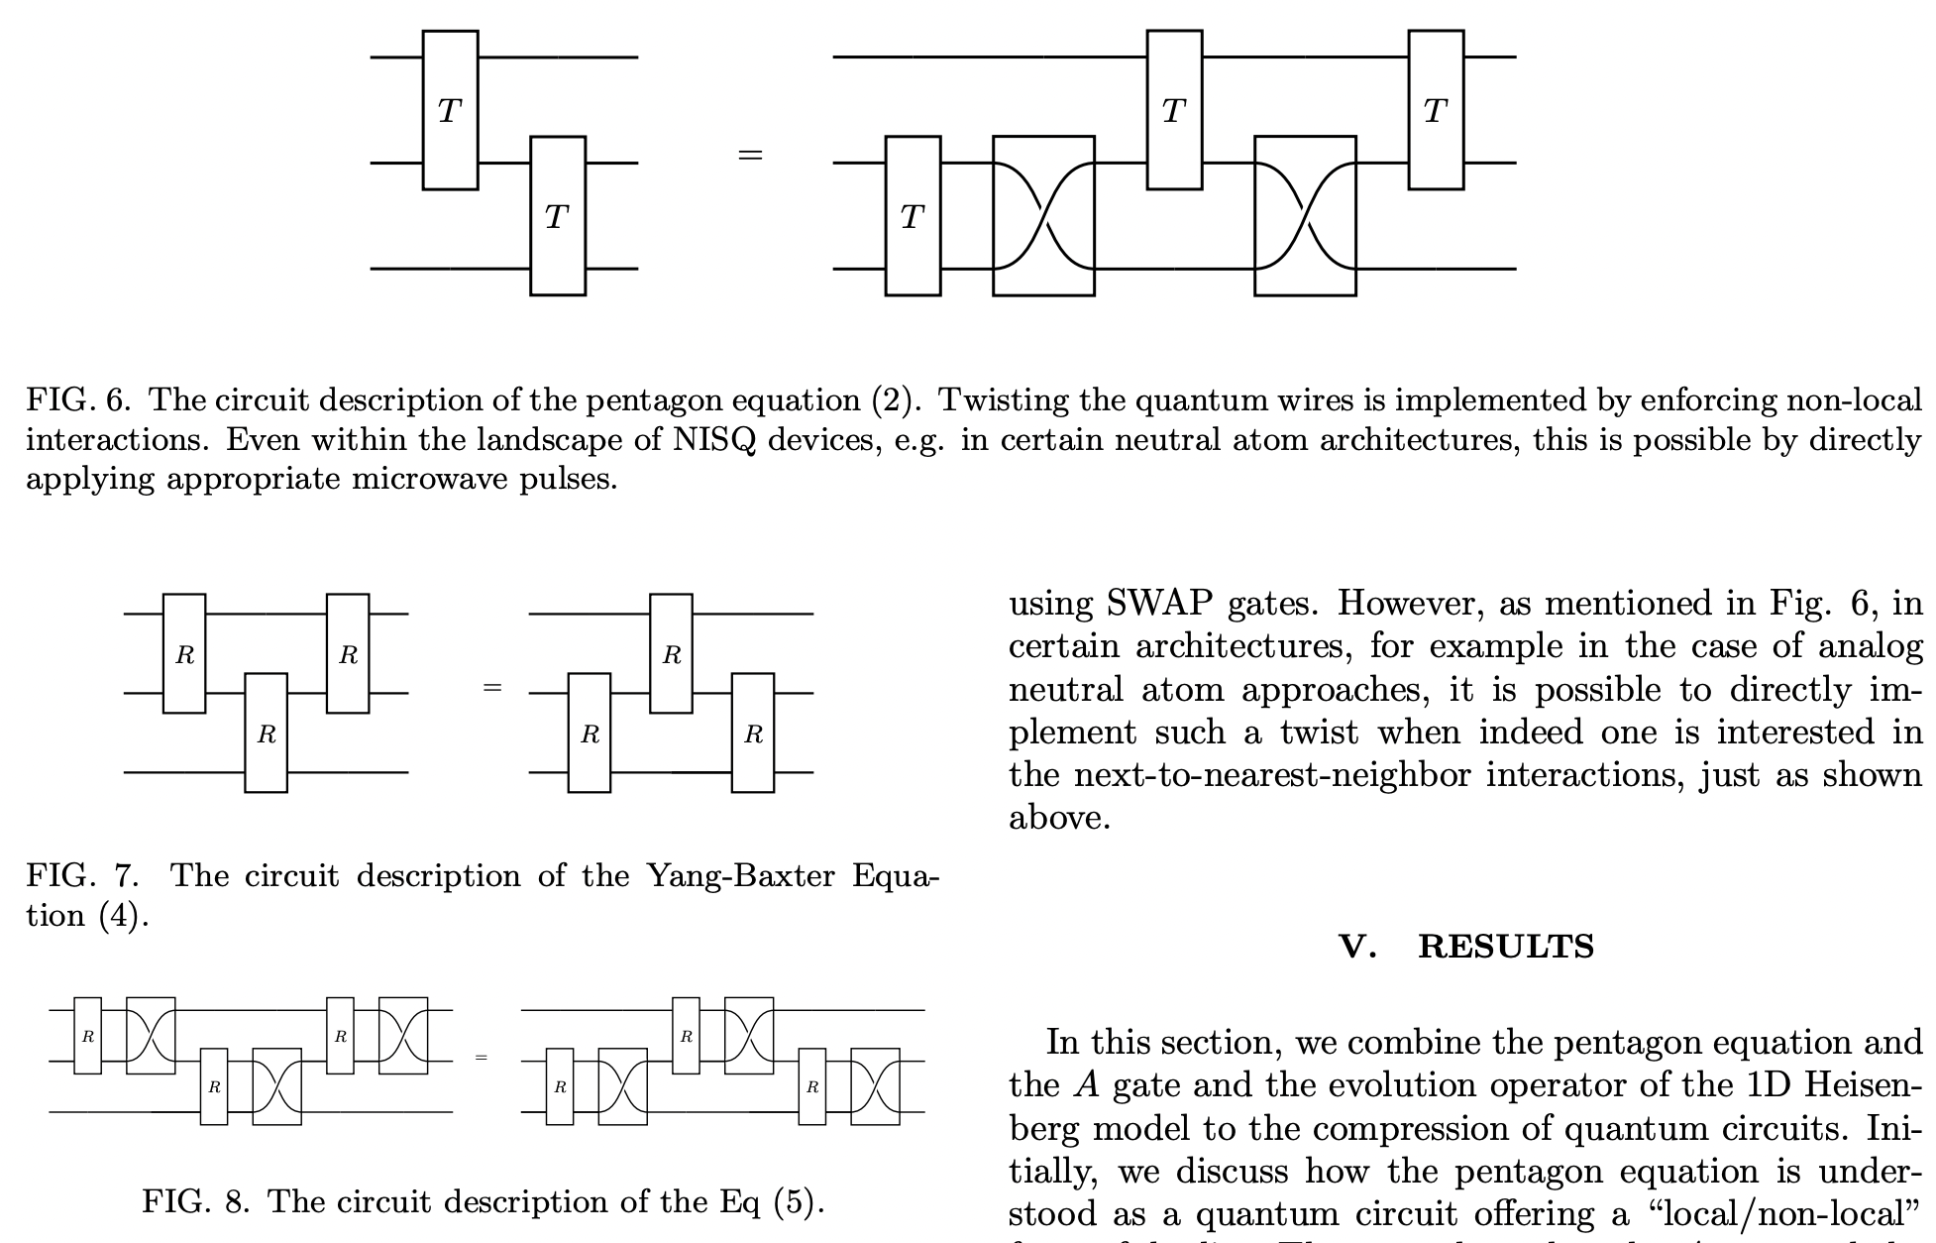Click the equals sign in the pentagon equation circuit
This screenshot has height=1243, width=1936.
(x=750, y=155)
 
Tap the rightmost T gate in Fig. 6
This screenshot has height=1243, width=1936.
(x=1436, y=110)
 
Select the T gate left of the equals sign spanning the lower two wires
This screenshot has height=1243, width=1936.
(x=558, y=215)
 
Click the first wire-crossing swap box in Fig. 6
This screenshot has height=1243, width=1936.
(x=1043, y=215)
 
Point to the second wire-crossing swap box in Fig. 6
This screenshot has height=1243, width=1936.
(x=1305, y=215)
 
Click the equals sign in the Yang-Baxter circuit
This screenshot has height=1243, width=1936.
(x=491, y=687)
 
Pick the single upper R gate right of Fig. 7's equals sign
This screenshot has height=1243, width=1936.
(x=671, y=653)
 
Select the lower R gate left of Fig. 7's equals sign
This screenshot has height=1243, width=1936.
(x=267, y=733)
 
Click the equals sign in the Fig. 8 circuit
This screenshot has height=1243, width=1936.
(x=482, y=1058)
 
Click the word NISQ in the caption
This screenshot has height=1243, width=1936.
(x=713, y=439)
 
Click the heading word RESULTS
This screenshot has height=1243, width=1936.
(x=1506, y=947)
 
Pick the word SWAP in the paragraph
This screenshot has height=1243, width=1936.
(x=1159, y=603)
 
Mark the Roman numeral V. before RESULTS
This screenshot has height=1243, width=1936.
(x=1357, y=947)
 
